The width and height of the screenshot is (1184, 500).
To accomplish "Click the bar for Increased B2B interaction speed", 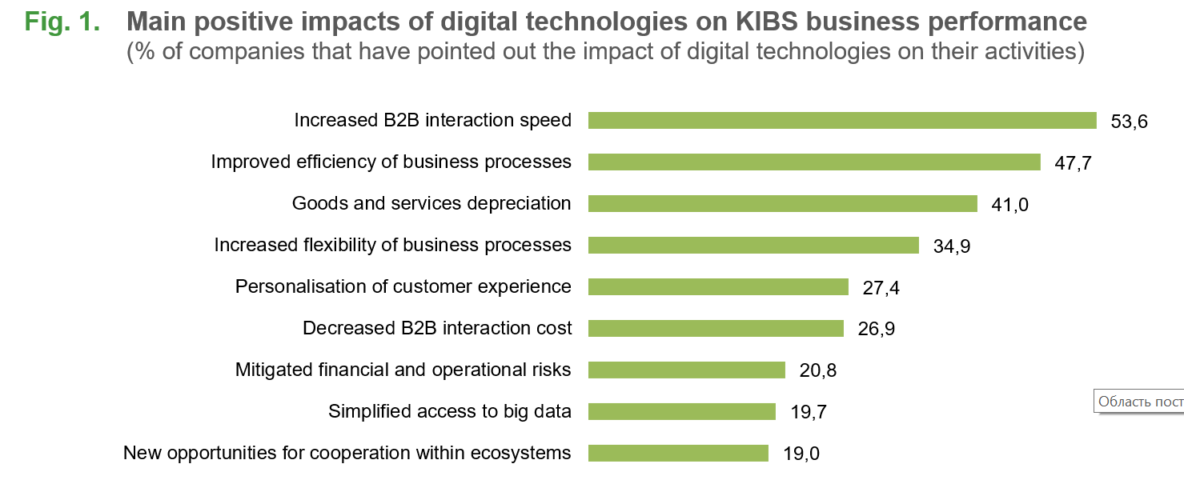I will [842, 120].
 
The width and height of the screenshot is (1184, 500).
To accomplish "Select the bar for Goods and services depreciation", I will [782, 203].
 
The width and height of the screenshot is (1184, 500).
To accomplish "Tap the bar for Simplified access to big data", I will [681, 411].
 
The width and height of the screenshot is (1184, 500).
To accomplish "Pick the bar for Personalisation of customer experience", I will [718, 286].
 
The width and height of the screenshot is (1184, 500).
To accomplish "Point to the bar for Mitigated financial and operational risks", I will [686, 370].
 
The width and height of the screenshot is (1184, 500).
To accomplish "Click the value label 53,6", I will [1130, 122].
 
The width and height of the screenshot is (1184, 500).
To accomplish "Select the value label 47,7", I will [1073, 163].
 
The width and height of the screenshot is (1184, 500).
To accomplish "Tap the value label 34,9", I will [952, 246].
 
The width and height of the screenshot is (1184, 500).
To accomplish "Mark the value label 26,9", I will [876, 330].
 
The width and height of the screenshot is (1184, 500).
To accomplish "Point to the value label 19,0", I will [801, 454].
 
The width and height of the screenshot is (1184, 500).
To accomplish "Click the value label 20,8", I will [817, 371].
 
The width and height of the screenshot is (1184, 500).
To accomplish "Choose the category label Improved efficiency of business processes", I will [391, 162].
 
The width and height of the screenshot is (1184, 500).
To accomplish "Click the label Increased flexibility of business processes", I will [393, 245].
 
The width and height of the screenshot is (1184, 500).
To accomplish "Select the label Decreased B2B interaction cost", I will [437, 328].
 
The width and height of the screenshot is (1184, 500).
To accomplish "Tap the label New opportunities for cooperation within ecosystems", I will [347, 453].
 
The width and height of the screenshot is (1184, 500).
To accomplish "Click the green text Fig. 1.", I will [62, 22].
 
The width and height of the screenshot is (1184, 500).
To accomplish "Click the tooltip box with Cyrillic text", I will [1138, 401].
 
